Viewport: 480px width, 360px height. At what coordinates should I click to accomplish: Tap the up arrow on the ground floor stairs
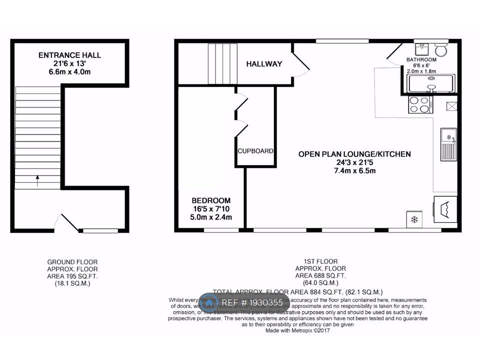click(37, 180)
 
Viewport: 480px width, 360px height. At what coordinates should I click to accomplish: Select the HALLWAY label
click(264, 64)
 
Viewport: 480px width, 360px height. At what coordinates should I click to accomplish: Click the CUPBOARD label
click(255, 150)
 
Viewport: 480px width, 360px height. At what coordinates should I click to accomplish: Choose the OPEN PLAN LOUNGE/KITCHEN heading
click(354, 154)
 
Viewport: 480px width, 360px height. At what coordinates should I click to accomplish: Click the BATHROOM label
click(421, 59)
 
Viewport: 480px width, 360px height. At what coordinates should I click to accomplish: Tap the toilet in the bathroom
click(441, 49)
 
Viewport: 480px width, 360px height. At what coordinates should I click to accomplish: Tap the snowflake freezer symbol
click(414, 218)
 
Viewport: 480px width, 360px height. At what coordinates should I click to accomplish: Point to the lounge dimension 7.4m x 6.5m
click(354, 170)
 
